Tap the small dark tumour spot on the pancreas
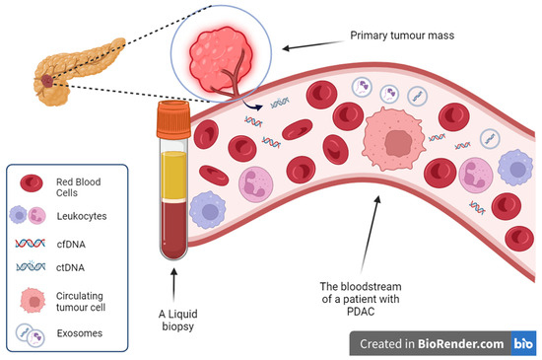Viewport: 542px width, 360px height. pyautogui.click(x=49, y=76)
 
